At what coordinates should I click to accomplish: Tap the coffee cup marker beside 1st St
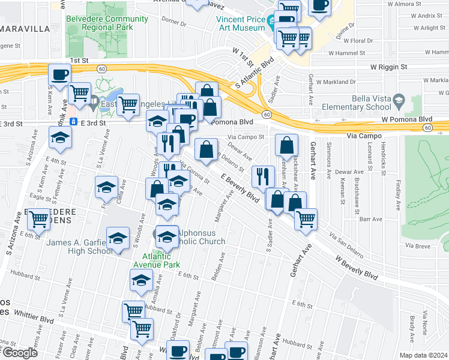(x=60, y=75)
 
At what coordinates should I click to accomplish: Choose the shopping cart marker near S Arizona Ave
(x=39, y=220)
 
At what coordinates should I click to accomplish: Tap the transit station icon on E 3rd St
(x=73, y=122)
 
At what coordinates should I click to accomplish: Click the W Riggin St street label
(x=388, y=67)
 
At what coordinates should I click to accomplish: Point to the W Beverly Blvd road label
(x=357, y=266)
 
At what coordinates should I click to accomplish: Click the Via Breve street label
(x=418, y=245)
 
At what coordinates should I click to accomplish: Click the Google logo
(x=20, y=353)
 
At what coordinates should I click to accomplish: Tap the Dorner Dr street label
(x=174, y=23)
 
